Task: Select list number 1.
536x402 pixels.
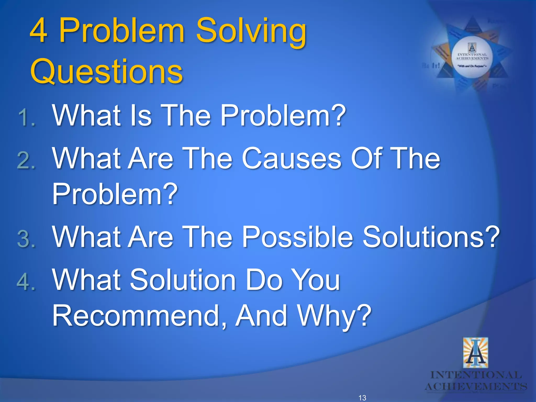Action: point(26,118)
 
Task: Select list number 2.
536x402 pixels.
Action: point(26,160)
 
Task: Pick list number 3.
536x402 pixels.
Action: point(26,239)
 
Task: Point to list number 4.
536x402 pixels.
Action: point(26,282)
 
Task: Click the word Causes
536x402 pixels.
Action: point(292,158)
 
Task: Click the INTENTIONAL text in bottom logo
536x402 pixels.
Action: point(476,375)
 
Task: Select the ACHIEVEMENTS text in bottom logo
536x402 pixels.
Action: point(476,387)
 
